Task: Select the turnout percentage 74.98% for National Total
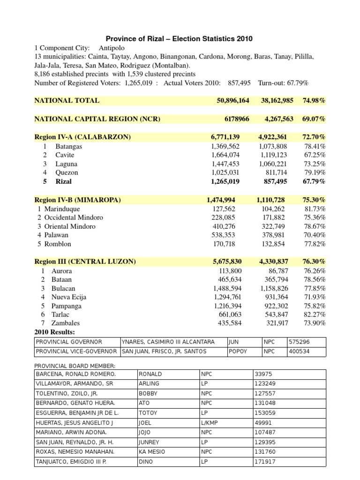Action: [x=314, y=100]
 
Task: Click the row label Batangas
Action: [x=68, y=146]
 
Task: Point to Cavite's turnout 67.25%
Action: [x=315, y=155]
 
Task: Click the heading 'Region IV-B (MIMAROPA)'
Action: [x=78, y=200]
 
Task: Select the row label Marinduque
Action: [x=62, y=209]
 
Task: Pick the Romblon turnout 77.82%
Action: [x=315, y=244]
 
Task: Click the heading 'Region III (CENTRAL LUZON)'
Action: [x=85, y=262]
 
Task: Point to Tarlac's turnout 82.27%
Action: [x=315, y=314]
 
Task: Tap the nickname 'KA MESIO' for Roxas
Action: [x=152, y=452]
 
